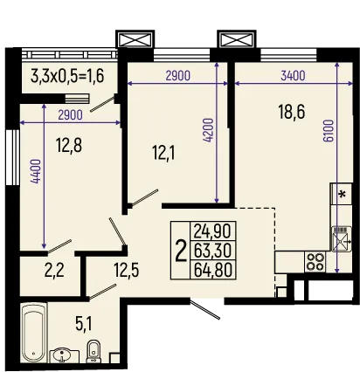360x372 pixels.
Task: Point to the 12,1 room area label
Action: coord(162,154)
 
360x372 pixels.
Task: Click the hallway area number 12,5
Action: coord(128,268)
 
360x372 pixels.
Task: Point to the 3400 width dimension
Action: coord(292,76)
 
